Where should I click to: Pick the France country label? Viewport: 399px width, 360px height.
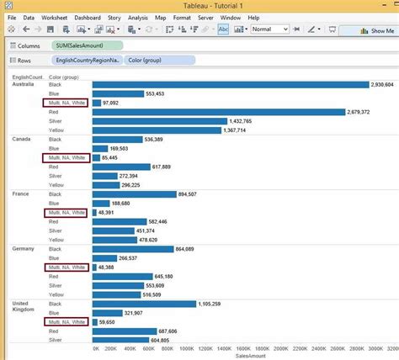click(x=21, y=194)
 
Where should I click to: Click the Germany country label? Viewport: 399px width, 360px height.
click(x=23, y=249)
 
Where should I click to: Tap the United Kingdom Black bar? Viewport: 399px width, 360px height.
click(x=143, y=303)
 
